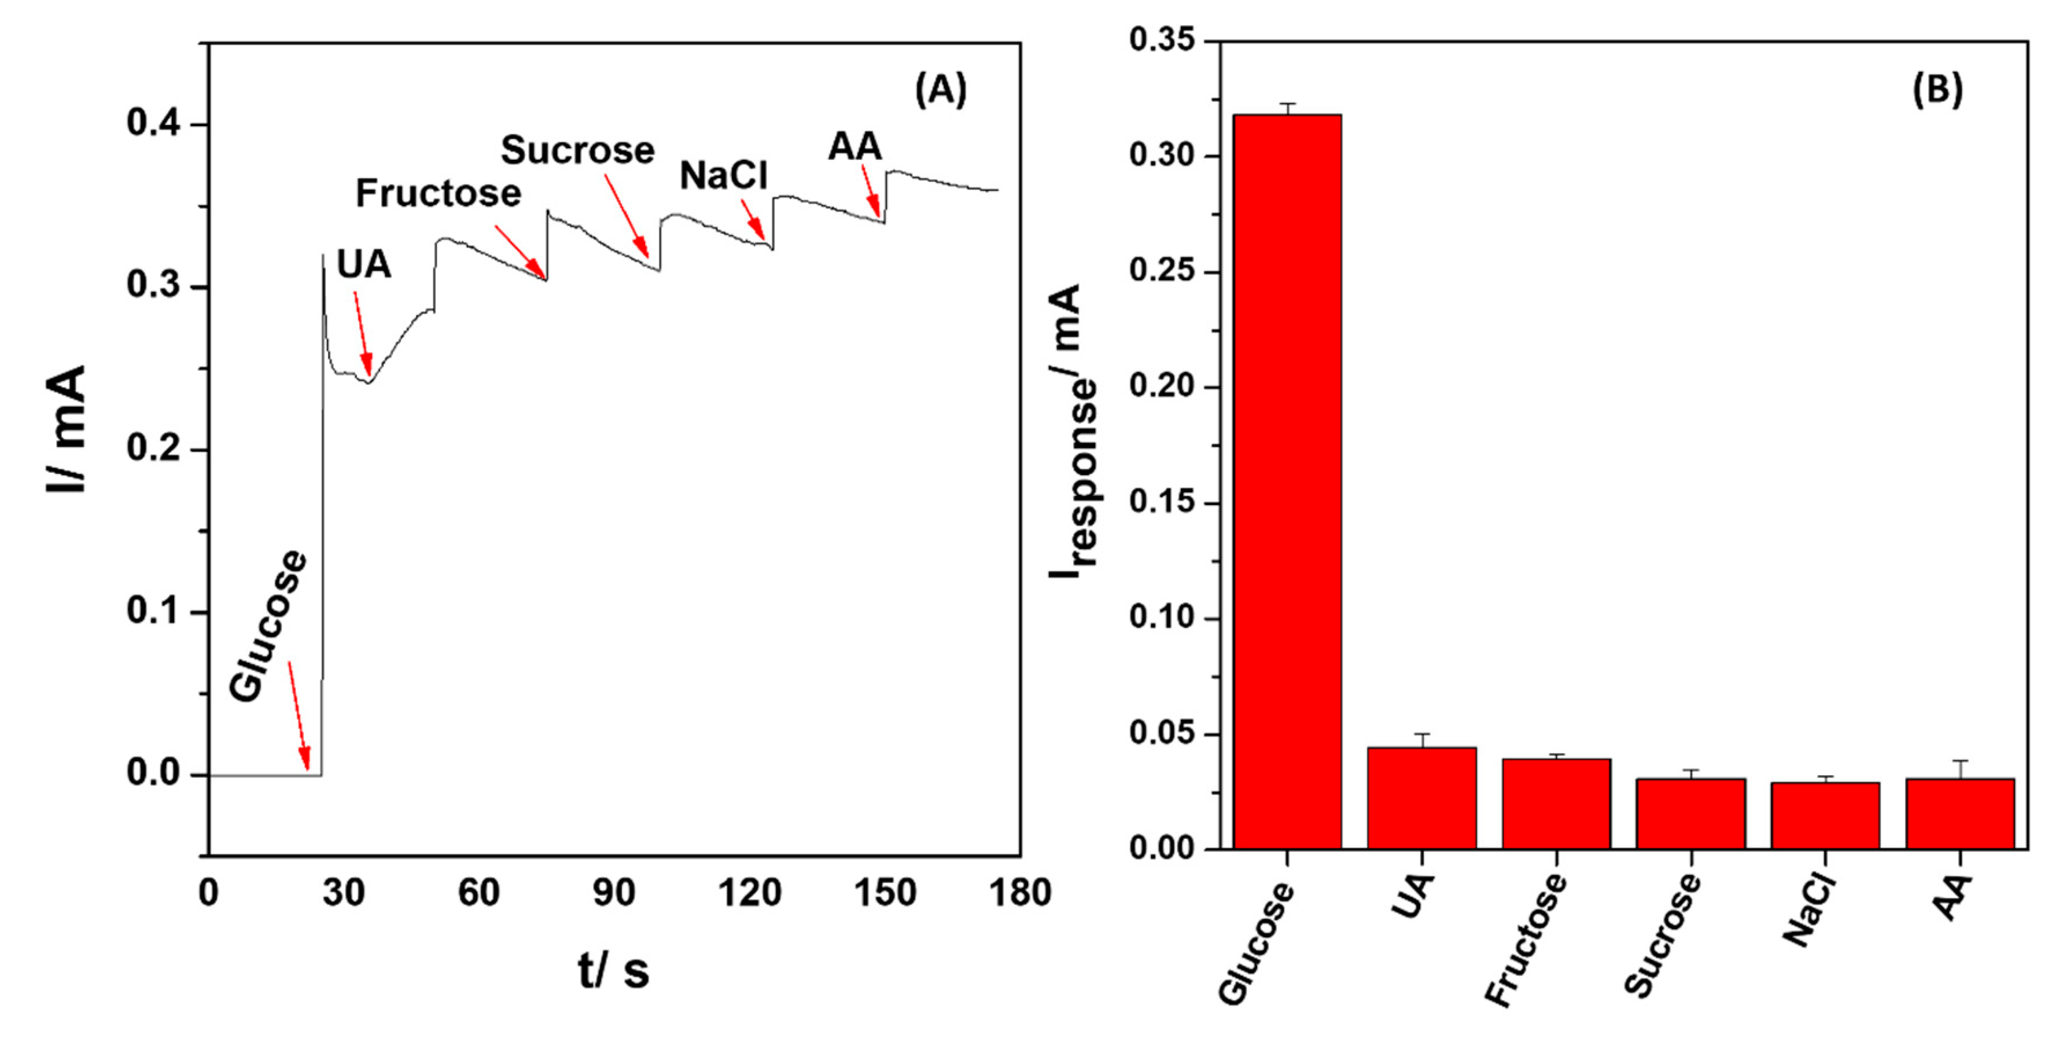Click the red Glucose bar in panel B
[1287, 482]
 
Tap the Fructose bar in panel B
[1556, 804]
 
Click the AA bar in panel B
[1961, 813]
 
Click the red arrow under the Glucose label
[299, 715]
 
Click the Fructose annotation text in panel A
[438, 193]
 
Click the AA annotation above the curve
[854, 147]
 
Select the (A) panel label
[941, 89]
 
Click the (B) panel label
[1937, 89]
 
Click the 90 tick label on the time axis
[614, 893]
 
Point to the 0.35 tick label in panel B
[1161, 39]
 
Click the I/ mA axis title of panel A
[66, 429]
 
